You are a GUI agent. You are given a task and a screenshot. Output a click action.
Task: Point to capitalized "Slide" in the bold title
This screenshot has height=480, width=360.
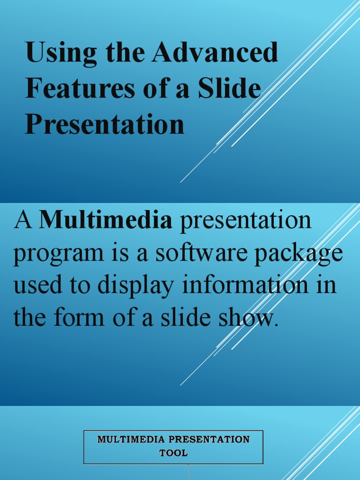click(x=230, y=89)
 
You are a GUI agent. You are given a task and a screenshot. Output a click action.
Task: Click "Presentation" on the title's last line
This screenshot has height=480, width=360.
click(x=105, y=124)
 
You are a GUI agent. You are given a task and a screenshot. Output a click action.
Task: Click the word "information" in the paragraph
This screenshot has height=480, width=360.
click(x=246, y=285)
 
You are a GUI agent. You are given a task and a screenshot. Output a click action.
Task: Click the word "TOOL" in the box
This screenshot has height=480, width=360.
click(x=173, y=453)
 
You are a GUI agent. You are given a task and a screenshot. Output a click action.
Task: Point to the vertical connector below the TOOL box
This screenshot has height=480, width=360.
click(x=188, y=472)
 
